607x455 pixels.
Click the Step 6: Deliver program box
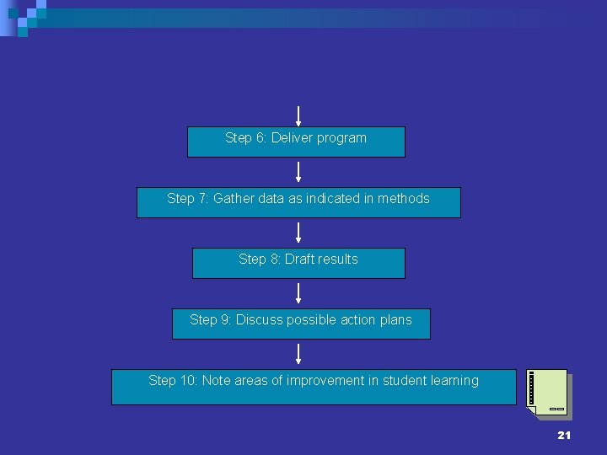coord(296,142)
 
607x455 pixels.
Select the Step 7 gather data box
coord(298,203)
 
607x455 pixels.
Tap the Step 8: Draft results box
coord(298,264)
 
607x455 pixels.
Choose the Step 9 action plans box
coord(301,324)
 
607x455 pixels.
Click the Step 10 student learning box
coord(314,387)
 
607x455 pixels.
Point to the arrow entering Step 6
coord(298,115)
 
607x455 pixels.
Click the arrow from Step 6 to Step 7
coord(298,172)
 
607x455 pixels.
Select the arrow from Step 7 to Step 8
coord(298,233)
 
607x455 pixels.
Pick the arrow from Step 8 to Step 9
coord(298,293)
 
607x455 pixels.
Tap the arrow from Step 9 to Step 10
coord(298,354)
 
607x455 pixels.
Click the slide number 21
coord(564,435)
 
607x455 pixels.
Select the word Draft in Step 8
coord(298,259)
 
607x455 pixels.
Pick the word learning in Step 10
coord(454,380)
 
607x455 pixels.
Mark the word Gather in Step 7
coord(232,198)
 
